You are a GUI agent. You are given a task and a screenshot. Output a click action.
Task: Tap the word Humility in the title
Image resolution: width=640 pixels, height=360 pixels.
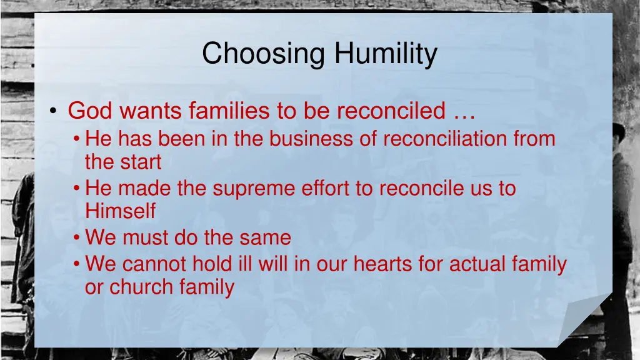(x=386, y=54)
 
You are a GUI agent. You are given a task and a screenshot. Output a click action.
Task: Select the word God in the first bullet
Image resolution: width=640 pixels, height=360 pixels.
(x=90, y=111)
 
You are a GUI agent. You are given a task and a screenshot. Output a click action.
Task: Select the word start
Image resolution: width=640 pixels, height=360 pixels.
(x=141, y=162)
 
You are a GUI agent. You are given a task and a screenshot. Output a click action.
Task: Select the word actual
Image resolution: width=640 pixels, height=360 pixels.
(x=471, y=264)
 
